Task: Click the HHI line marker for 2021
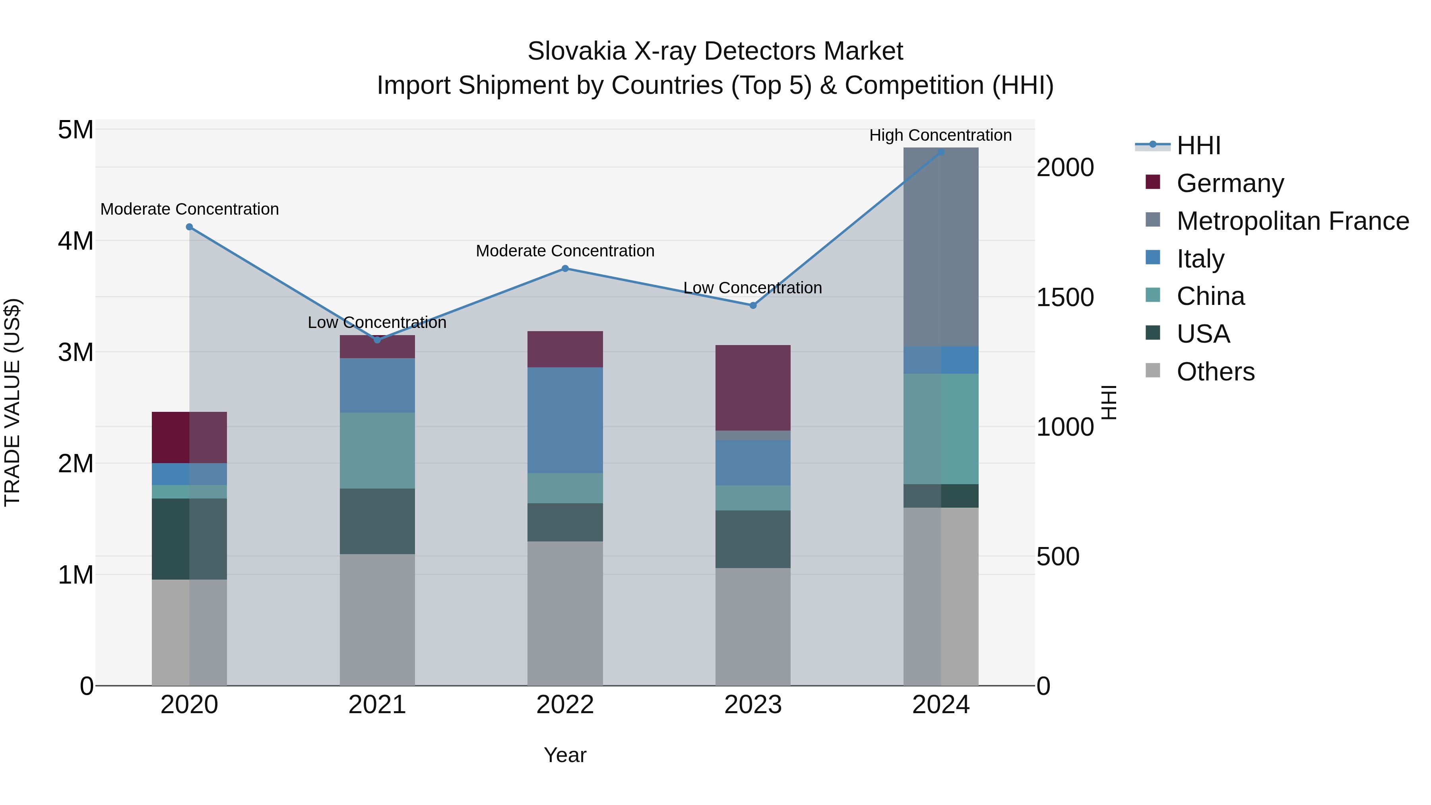377,339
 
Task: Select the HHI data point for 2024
941,152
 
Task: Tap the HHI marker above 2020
190,227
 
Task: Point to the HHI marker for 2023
753,305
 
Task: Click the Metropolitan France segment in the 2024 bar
941,247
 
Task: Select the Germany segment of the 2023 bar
753,388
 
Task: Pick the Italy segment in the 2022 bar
565,420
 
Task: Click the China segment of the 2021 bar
377,450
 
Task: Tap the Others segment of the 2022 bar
565,613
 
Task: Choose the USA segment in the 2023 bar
753,539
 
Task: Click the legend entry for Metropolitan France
1292,221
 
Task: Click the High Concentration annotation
940,135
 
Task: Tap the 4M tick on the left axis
76,241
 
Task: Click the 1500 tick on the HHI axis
1065,297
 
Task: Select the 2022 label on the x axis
565,705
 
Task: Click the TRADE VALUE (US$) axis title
12,402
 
